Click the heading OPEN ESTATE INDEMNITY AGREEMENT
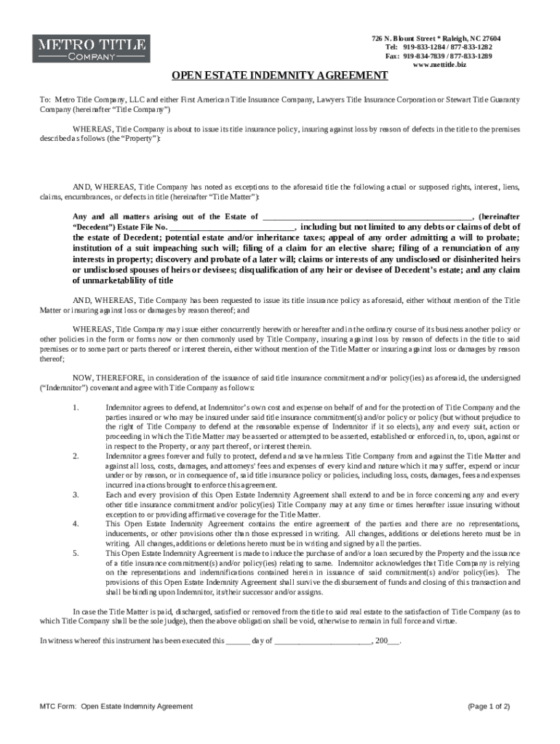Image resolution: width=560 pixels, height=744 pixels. (x=279, y=76)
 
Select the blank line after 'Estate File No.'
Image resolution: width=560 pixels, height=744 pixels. (x=231, y=227)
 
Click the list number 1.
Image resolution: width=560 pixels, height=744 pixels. (x=76, y=407)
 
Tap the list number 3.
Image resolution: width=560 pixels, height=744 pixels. (x=76, y=494)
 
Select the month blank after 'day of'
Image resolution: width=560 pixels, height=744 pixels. (x=322, y=642)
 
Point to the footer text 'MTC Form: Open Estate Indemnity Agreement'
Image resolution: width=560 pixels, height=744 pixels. (x=116, y=706)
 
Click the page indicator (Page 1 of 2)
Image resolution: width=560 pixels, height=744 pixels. (x=489, y=706)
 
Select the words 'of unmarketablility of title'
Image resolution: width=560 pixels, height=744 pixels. (x=123, y=280)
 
